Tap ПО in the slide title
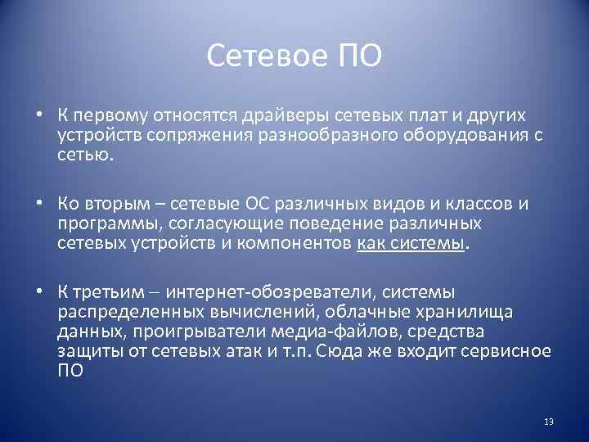point(355,56)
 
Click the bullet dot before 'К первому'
point(40,117)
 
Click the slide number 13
point(548,422)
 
